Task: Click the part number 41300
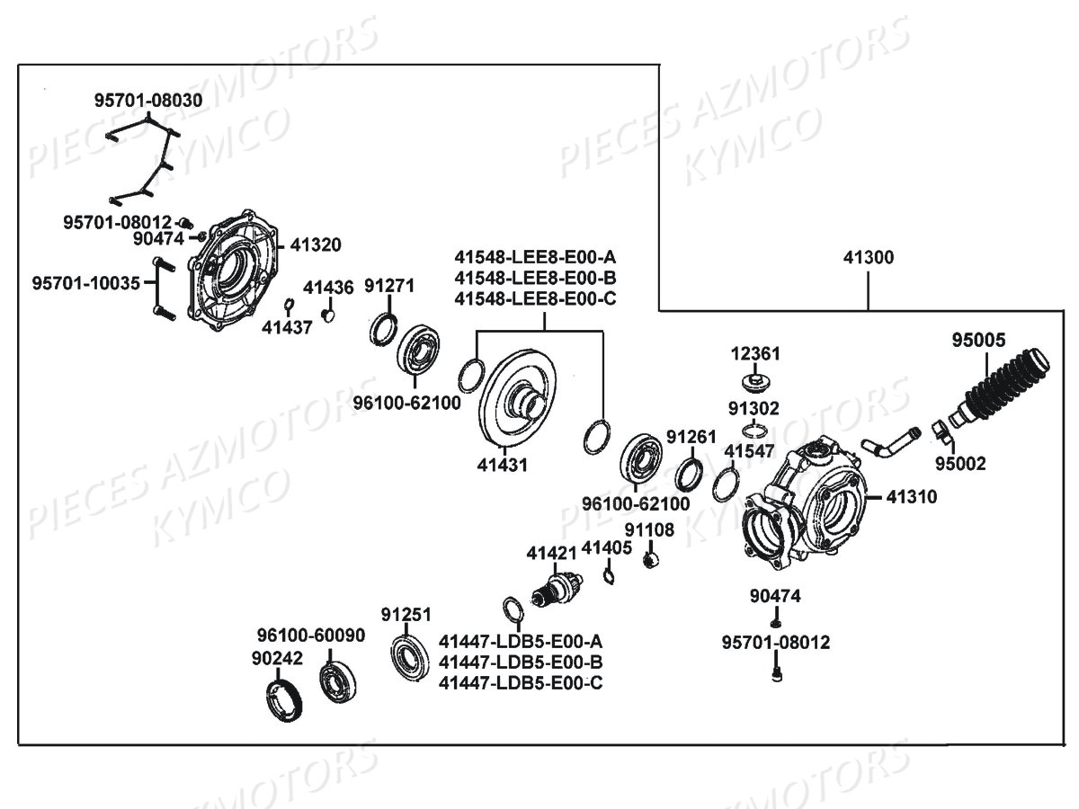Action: (x=869, y=257)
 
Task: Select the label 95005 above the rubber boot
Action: (x=985, y=340)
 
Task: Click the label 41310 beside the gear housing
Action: (x=912, y=495)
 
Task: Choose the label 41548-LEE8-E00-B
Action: (x=535, y=277)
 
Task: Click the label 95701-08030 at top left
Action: (x=148, y=101)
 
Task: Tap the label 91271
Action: (x=389, y=286)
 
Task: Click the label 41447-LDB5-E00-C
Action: (x=521, y=683)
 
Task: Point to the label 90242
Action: (x=277, y=659)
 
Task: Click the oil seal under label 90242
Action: (x=287, y=700)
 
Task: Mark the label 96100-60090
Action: (x=310, y=636)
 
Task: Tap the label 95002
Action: (x=960, y=464)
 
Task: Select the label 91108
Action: (x=649, y=529)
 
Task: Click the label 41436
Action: (x=328, y=288)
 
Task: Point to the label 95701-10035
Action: (x=86, y=283)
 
